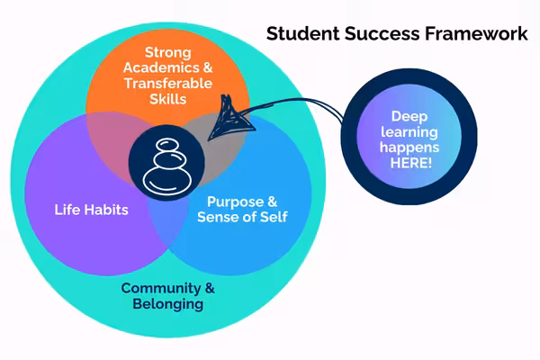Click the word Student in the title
coord(303,34)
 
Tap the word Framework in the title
coord(476,34)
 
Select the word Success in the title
coord(382,34)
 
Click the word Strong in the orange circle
coord(168,53)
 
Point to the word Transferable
coord(168,84)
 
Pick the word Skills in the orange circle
coord(168,99)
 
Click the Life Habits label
coord(91,210)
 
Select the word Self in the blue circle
coord(274,217)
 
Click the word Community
coord(160,288)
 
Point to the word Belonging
coord(168,304)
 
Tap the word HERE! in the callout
coord(411,163)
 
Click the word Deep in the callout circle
coord(409,117)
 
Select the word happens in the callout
coord(409,148)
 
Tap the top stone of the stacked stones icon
coord(167,145)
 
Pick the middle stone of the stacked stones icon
coord(169,160)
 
